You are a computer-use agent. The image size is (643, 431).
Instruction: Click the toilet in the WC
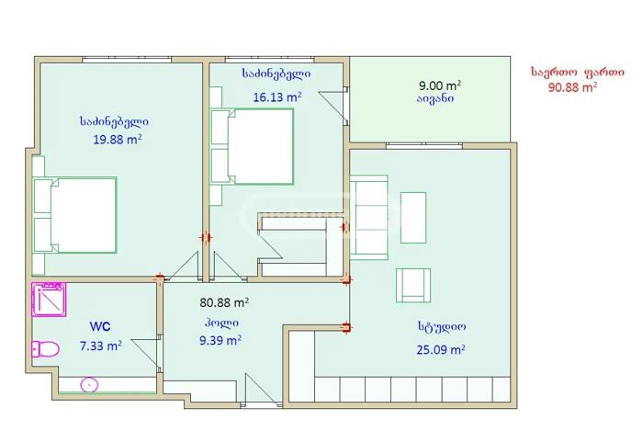coord(45,349)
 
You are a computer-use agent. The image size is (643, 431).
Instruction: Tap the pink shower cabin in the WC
coord(49,300)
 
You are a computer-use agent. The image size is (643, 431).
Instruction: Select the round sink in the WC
coord(89,385)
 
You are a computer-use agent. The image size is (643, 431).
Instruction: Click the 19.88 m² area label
coord(118,140)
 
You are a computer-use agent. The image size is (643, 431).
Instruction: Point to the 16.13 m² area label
coord(277,97)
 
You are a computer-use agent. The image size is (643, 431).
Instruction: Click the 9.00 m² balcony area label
coord(440,85)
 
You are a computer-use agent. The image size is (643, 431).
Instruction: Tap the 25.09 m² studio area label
coord(441,350)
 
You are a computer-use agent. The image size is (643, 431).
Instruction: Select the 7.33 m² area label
coord(100,346)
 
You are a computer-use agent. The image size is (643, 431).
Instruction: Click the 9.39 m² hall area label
coord(220,340)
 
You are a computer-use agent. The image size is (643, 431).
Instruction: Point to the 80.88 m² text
coord(224,302)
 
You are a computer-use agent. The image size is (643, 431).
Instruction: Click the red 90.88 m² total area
coord(572,87)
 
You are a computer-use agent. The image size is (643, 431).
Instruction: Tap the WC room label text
coord(100,326)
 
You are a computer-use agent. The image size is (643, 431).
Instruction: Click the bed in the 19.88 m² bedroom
coord(75,215)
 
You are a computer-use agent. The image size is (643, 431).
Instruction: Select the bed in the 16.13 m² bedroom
coord(253,146)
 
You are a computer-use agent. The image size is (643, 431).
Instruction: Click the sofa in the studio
coord(368,218)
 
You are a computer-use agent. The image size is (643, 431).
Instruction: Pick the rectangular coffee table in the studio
coord(413,218)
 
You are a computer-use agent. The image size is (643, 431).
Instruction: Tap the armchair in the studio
coord(413,286)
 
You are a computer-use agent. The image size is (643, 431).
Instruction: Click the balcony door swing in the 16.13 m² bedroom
coord(333,106)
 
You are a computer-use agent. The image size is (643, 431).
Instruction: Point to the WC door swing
coord(146,355)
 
